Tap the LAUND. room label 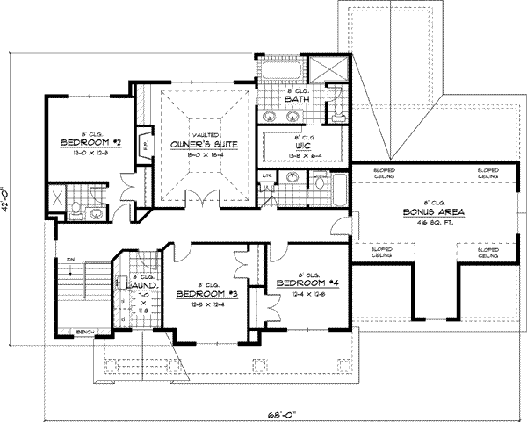(141, 285)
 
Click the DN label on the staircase (68, 260)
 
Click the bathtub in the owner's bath (281, 68)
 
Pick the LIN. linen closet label (266, 178)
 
